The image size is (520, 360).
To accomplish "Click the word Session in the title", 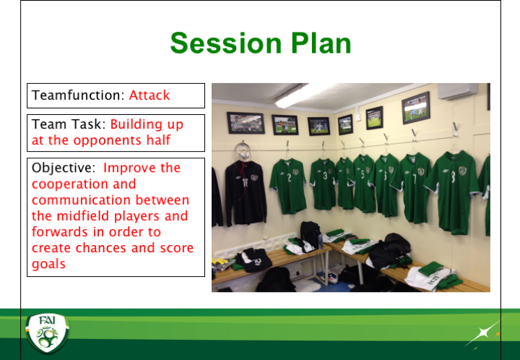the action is (226, 43).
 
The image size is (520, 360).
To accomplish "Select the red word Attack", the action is (149, 95).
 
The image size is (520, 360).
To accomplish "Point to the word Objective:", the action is (64, 168).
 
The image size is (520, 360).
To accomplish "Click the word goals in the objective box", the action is (48, 265).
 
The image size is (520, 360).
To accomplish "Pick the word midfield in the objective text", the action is (84, 216).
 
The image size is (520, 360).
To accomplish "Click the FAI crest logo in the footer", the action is (48, 333).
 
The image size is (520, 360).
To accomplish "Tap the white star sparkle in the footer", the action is (482, 333).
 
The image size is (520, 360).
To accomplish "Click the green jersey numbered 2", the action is (287, 186).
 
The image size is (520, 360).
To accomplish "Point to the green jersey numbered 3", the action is (323, 184).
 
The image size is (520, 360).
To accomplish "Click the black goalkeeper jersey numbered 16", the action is (246, 192).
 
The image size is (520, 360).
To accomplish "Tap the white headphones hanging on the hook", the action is (243, 150).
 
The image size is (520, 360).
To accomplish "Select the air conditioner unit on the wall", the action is (458, 91).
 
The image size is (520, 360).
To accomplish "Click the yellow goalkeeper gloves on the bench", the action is (220, 264).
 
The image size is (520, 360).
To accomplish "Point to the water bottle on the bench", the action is (321, 241).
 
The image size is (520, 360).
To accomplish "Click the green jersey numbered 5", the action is (363, 184).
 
